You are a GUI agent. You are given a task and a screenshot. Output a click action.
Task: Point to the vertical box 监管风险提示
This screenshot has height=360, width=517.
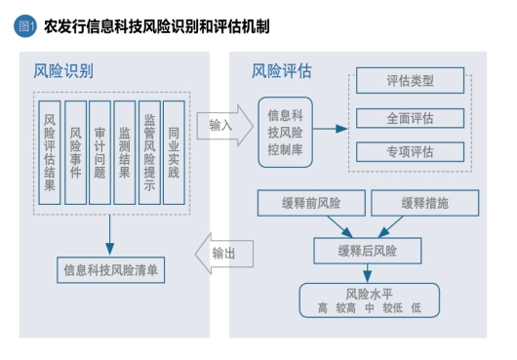coord(149,152)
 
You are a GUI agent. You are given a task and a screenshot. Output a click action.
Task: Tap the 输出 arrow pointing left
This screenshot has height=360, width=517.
coord(221,254)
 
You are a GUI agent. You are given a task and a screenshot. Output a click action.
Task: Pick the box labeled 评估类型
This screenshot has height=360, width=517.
coord(410,82)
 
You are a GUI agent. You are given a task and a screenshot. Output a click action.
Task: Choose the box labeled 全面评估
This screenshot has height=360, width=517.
coord(410,118)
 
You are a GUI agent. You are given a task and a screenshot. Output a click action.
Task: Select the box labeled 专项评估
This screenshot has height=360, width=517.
coord(410,151)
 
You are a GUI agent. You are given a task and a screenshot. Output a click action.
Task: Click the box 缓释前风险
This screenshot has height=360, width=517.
coord(311,203)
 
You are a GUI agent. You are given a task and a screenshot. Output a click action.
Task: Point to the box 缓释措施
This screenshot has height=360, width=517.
coord(426,203)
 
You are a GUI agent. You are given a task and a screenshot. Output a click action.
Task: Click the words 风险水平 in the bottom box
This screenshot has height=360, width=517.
coord(368,293)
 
